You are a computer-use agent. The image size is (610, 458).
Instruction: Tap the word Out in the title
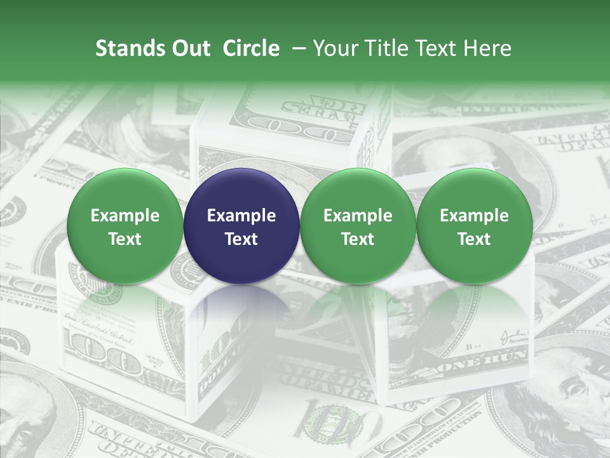[189, 49]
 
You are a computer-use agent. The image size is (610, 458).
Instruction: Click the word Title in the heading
[381, 49]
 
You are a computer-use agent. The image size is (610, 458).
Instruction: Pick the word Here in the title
[486, 49]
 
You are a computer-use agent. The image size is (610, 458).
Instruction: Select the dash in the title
[297, 49]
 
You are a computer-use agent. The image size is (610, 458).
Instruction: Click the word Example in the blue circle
[241, 216]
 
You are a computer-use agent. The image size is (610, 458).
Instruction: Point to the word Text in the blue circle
[241, 239]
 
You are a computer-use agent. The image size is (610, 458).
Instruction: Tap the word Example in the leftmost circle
[125, 216]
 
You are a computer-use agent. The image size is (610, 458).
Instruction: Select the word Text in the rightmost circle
[474, 239]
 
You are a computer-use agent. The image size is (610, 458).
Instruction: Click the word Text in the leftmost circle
[125, 239]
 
